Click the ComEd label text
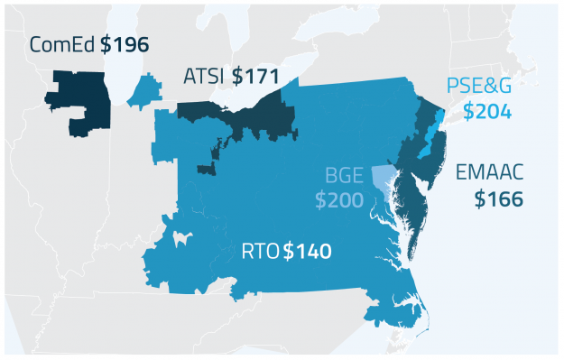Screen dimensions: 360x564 coord(63,44)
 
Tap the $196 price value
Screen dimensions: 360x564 coord(125,44)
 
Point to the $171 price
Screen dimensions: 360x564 coord(254,77)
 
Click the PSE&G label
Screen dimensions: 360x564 coord(479,88)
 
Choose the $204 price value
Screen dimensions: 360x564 coord(486,112)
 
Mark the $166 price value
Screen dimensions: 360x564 coord(498,199)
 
